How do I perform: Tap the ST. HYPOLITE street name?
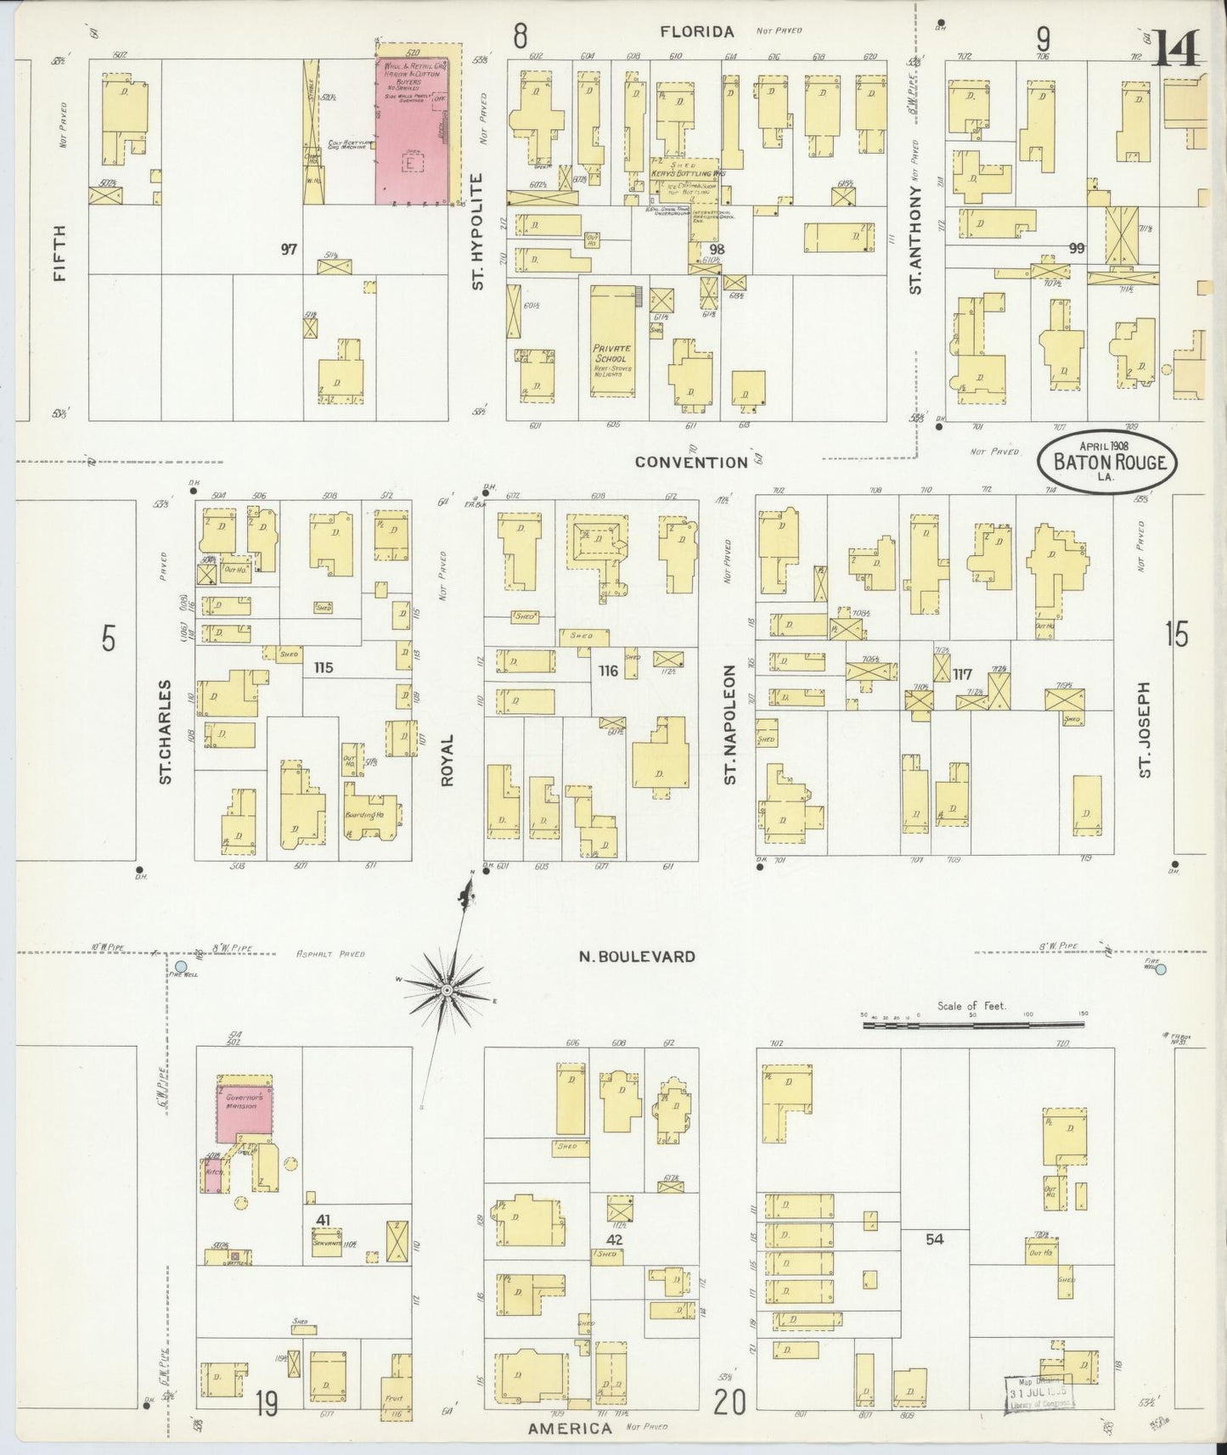477,232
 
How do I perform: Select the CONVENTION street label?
690,462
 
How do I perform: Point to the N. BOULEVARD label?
637,957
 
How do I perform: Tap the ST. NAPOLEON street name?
729,724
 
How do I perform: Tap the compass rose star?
447,991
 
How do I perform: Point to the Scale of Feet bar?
972,1025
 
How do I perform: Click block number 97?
290,250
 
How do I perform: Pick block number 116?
608,671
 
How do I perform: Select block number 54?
934,1239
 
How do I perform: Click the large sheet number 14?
1176,47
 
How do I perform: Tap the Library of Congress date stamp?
1040,1393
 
